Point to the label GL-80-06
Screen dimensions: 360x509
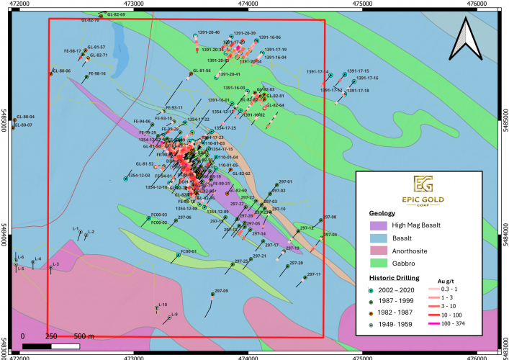(61, 71)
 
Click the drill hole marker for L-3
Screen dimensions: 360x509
(51, 269)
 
